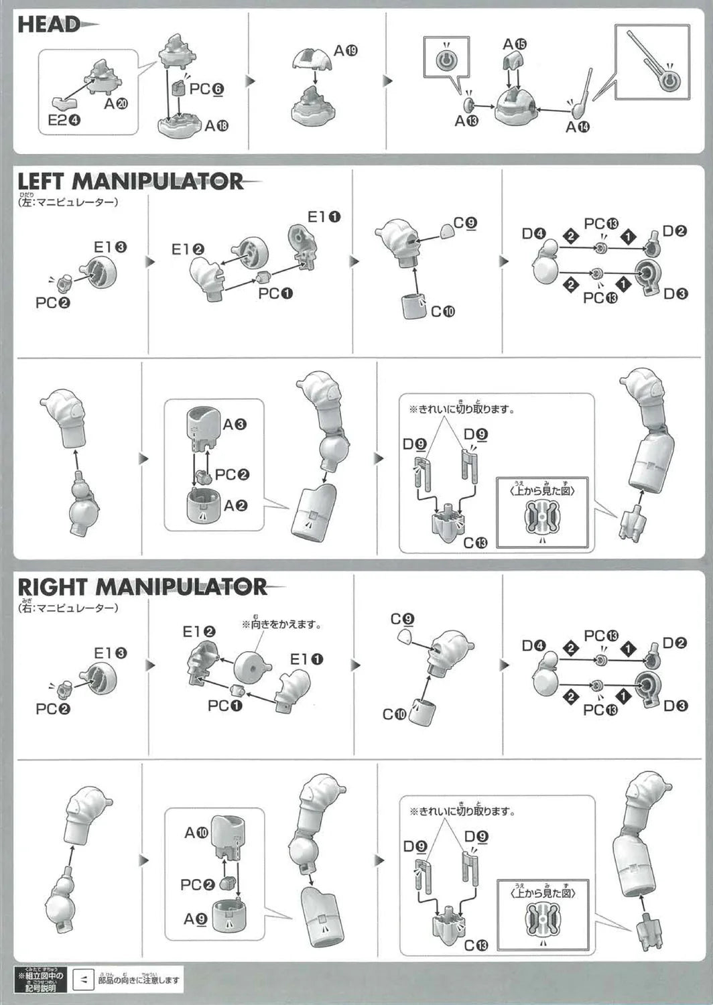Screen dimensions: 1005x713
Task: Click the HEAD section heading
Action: click(49, 25)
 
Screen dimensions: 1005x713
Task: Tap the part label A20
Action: click(116, 104)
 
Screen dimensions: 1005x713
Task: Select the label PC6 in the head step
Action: click(206, 88)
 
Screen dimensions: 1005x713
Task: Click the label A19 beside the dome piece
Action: click(346, 50)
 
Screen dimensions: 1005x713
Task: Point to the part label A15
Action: click(515, 44)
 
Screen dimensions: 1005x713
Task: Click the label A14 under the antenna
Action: click(578, 127)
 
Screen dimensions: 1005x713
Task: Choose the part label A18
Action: click(216, 125)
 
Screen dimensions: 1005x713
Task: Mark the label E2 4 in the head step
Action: click(64, 120)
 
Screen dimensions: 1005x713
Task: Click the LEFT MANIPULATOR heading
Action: click(130, 181)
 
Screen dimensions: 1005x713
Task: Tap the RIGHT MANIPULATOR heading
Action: click(141, 587)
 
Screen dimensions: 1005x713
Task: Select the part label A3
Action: click(235, 424)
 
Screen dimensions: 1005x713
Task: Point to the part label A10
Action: click(197, 833)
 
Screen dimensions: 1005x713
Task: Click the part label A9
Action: click(196, 919)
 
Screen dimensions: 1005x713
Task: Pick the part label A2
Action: click(235, 506)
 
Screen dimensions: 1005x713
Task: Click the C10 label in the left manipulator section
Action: click(442, 311)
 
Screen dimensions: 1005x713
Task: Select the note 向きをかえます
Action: click(281, 624)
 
